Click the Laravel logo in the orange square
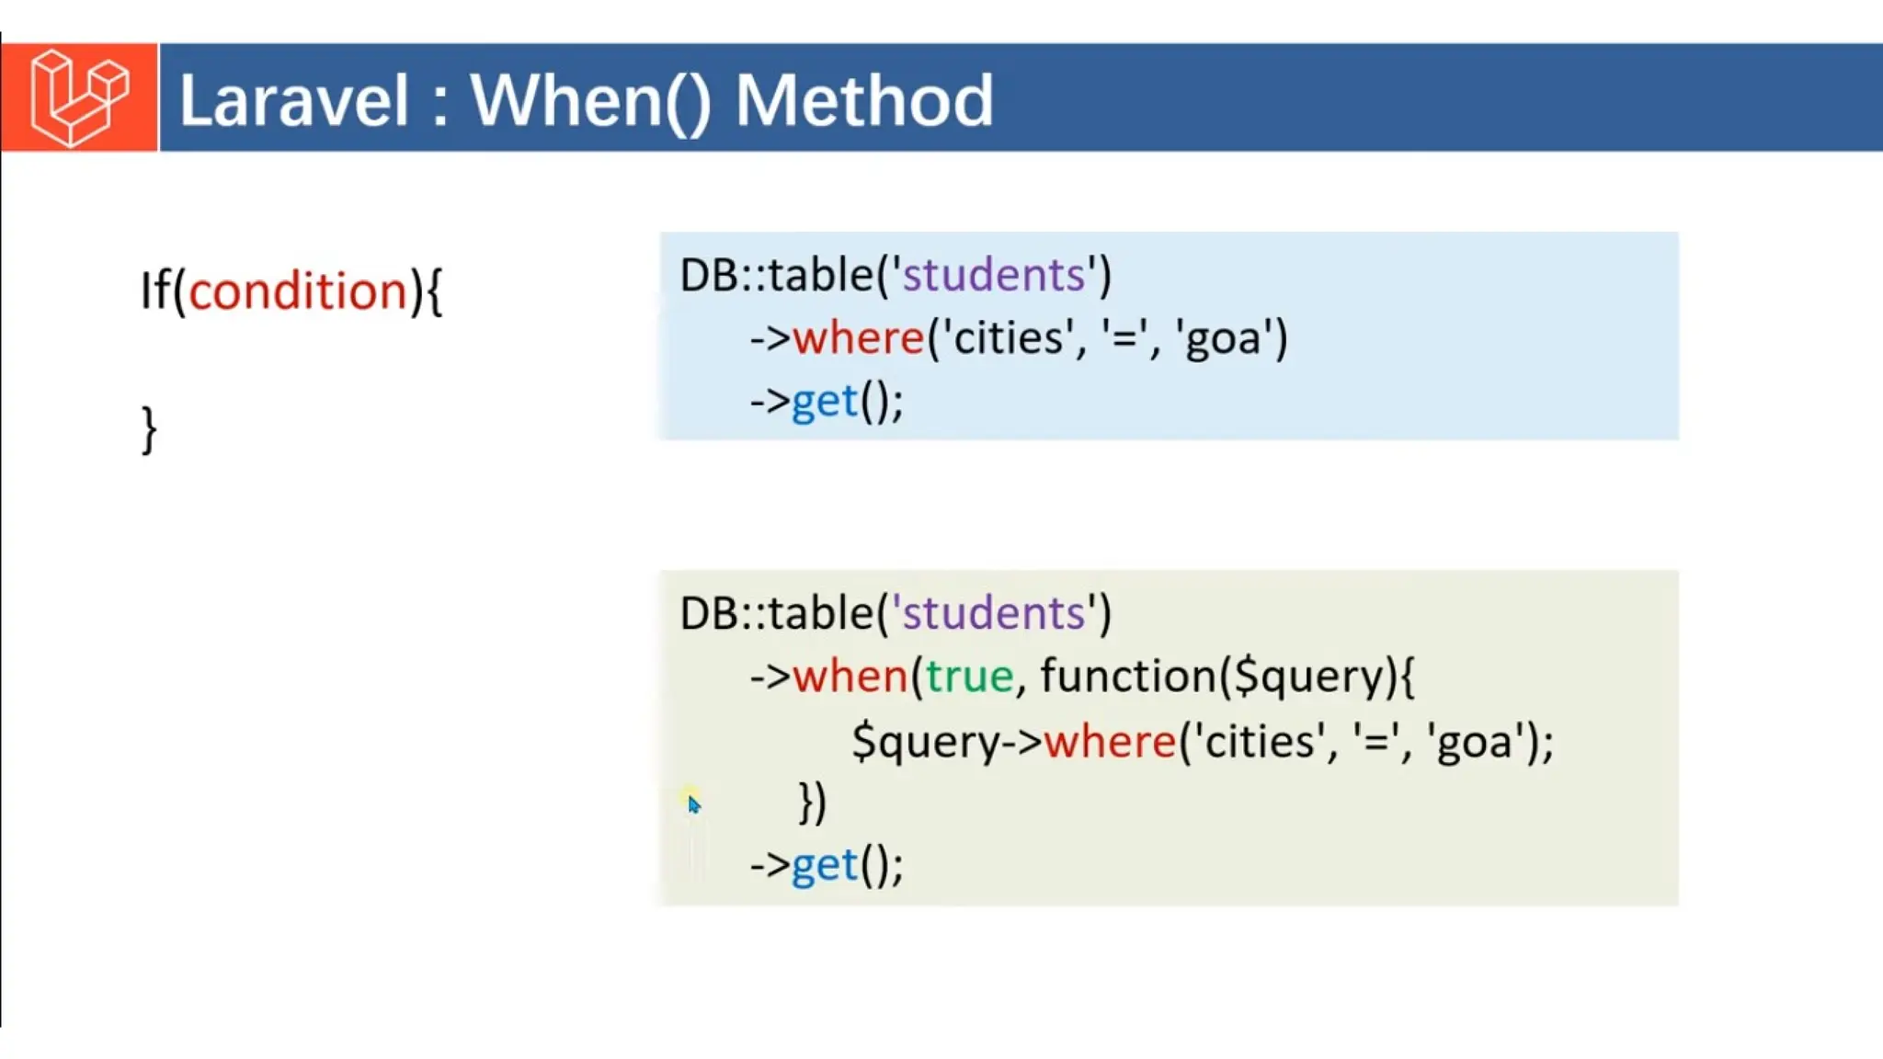click(79, 97)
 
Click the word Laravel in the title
click(293, 100)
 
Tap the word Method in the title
click(863, 100)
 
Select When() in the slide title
click(590, 100)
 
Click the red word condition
click(298, 291)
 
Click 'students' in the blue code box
click(995, 275)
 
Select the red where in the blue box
click(858, 338)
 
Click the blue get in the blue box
click(825, 402)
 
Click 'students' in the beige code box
click(995, 613)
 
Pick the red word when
click(850, 677)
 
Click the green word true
click(969, 677)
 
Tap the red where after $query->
click(1110, 741)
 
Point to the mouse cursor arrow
click(693, 804)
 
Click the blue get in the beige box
click(825, 865)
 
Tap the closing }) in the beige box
click(812, 803)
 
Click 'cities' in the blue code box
click(1009, 338)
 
